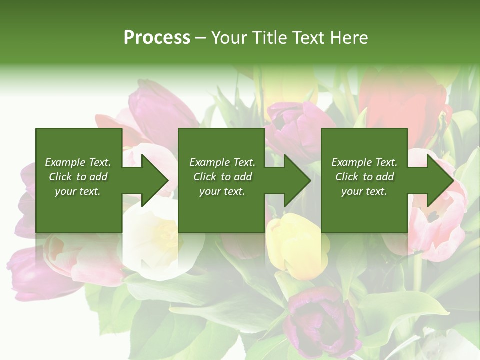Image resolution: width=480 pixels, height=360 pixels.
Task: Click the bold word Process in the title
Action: point(157,38)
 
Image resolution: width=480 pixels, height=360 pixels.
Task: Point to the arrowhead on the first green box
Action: point(152,180)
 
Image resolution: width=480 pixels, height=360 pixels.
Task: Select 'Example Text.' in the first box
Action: point(78,162)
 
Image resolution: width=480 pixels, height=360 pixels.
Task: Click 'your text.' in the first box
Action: point(78,191)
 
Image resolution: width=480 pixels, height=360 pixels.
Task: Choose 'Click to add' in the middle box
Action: point(222,177)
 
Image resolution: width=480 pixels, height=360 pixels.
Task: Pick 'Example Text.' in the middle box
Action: point(222,162)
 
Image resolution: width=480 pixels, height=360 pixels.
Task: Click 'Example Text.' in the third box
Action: point(364,162)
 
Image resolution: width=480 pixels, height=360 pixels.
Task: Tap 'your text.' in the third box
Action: point(364,191)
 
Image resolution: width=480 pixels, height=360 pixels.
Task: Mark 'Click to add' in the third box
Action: point(364,177)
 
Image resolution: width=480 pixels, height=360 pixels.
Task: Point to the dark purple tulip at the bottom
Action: point(320,320)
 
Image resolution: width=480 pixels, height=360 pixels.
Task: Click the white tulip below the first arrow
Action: point(152,240)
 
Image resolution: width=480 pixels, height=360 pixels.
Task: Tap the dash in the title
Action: point(201,38)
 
